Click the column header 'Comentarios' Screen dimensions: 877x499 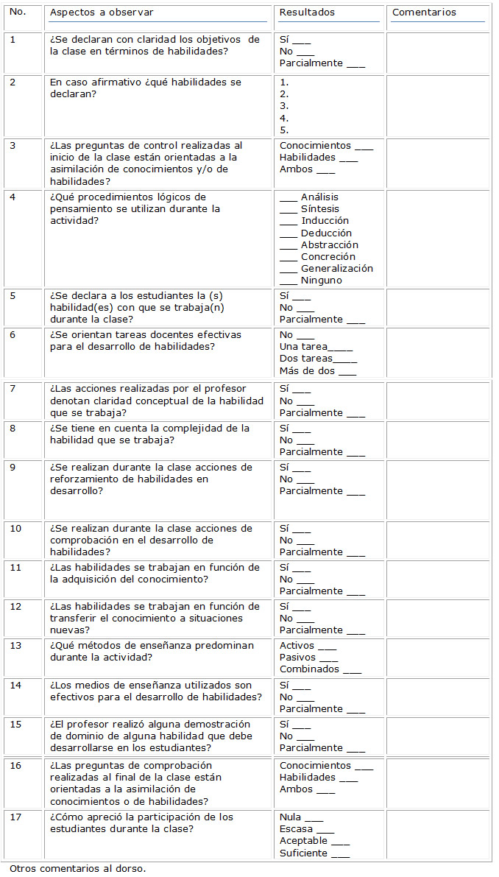point(424,13)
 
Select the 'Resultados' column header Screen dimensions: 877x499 point(307,13)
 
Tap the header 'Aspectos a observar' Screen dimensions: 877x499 point(102,13)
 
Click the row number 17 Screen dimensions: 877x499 point(15,817)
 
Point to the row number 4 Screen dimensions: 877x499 point(13,197)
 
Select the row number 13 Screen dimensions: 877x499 point(15,646)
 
